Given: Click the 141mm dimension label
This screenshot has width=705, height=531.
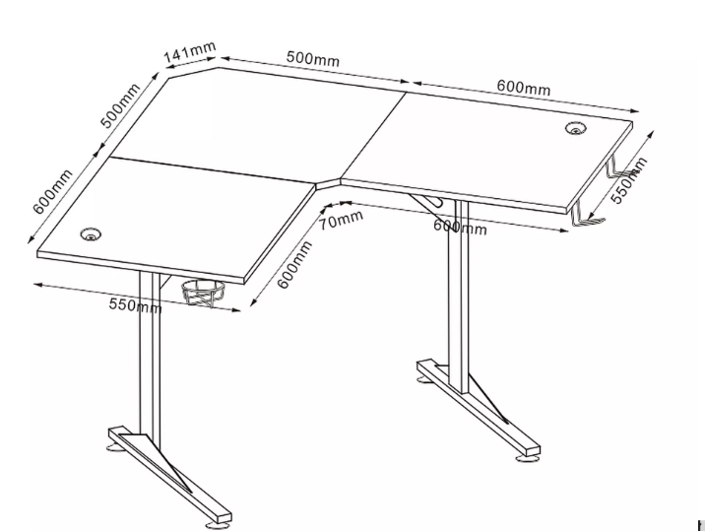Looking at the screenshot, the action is (x=190, y=52).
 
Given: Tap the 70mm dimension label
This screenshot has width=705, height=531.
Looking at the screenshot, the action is (x=342, y=220).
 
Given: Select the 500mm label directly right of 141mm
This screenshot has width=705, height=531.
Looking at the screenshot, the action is (x=313, y=58).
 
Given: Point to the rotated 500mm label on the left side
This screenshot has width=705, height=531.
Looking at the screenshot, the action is (x=120, y=105).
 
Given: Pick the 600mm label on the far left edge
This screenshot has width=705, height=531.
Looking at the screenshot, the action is (x=52, y=192).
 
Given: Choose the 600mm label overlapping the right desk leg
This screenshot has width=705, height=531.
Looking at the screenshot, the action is (x=460, y=227).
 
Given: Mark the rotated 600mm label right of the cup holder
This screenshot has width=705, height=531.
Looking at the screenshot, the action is (x=294, y=265).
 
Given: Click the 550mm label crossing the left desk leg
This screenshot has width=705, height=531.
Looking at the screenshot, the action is (x=135, y=305).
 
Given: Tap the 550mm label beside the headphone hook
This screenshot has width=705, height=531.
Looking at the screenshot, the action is (x=629, y=180).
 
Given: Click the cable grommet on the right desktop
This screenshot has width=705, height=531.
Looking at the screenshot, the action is (x=576, y=128).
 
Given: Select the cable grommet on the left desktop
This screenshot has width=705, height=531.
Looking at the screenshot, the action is (x=91, y=234).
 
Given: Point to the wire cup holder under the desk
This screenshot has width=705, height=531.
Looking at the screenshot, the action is (x=204, y=293).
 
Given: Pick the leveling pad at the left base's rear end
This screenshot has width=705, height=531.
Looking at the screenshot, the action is (x=115, y=447).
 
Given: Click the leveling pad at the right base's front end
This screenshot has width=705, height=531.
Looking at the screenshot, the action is (x=527, y=458).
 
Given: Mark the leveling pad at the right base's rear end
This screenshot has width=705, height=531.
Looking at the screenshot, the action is (x=423, y=380).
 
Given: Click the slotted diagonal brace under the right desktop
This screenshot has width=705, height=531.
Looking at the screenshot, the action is (x=426, y=201).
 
